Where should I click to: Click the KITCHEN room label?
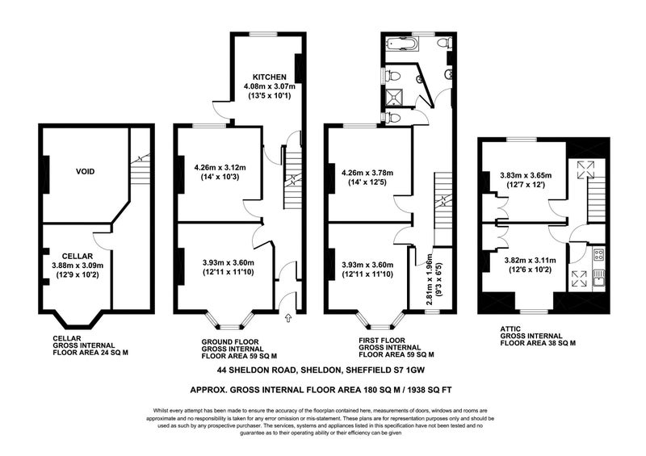coord(270,77)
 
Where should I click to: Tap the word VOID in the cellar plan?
coord(86,171)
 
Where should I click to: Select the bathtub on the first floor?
coord(401,44)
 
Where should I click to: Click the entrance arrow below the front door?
coord(288,318)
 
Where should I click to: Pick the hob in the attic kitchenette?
coord(598,254)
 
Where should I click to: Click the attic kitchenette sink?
coord(598,282)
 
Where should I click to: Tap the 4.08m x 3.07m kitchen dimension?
coord(270,86)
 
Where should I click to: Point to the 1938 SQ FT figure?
coord(429,389)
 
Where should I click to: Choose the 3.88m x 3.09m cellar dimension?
coord(78,266)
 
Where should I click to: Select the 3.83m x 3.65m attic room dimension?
coord(526,175)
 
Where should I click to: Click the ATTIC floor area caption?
coord(538,336)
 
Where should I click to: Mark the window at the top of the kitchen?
coord(264,34)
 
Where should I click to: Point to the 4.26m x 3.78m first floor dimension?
coord(367,173)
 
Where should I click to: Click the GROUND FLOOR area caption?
coord(239,349)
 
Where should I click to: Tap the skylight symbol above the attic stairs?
coord(586,169)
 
